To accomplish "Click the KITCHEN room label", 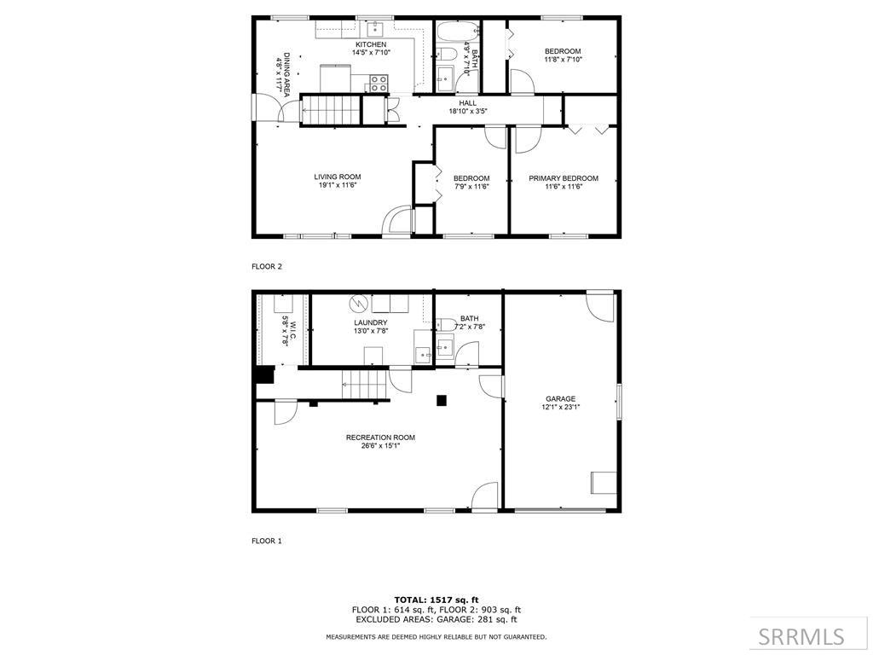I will [371, 44].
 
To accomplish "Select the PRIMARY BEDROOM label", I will [563, 178].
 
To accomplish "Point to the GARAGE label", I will [560, 398].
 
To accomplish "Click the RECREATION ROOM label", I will [380, 438].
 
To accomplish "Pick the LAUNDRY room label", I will [371, 322].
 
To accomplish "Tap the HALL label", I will [468, 103].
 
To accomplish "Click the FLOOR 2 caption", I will [267, 266].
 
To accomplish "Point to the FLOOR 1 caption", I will [267, 541].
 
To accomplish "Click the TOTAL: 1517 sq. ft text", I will [436, 600].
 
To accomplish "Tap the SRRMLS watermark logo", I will [801, 636].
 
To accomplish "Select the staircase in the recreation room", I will [364, 385].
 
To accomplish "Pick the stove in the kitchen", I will [379, 84].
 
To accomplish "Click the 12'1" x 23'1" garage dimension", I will [560, 408].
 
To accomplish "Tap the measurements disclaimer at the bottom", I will [436, 637].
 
